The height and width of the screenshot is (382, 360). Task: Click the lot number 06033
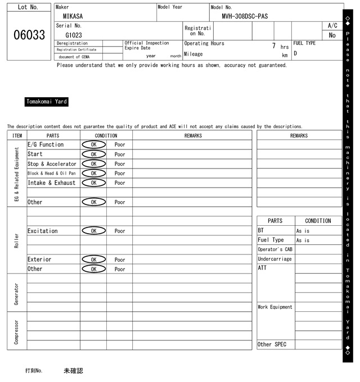(29, 35)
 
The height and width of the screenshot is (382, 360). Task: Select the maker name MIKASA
(73, 16)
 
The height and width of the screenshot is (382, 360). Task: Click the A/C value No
(332, 35)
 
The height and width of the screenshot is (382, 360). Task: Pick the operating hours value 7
(273, 46)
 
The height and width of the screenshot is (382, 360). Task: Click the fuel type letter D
(295, 53)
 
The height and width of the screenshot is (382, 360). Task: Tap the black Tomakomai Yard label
(47, 102)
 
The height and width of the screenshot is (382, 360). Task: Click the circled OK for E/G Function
(94, 144)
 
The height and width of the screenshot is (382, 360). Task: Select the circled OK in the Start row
(94, 154)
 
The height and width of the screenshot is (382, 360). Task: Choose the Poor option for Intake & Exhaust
(120, 183)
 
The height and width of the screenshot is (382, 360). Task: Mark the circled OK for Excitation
(94, 231)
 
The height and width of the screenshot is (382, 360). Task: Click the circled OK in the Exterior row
(94, 260)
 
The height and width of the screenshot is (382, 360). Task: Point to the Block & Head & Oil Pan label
(51, 173)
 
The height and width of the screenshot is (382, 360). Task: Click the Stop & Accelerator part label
(52, 163)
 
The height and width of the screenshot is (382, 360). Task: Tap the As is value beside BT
(303, 231)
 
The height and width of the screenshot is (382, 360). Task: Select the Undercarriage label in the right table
(274, 259)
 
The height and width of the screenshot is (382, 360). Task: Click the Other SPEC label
(272, 344)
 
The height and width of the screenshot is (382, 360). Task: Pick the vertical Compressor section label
(17, 332)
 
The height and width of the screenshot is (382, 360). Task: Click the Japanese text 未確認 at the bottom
(73, 371)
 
